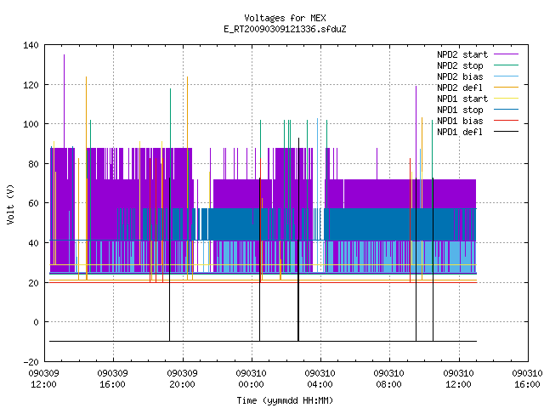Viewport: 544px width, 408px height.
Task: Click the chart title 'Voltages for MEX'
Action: pyautogui.click(x=285, y=18)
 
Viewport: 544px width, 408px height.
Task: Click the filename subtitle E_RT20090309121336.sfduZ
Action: pyautogui.click(x=285, y=29)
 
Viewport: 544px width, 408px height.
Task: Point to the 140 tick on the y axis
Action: pyautogui.click(x=31, y=45)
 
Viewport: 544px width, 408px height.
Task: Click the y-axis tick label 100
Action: pyautogui.click(x=31, y=124)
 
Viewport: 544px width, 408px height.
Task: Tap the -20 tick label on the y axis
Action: pyautogui.click(x=31, y=362)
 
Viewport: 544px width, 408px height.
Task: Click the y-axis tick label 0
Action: pyautogui.click(x=36, y=322)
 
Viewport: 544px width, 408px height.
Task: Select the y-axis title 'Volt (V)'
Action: pyautogui.click(x=10, y=204)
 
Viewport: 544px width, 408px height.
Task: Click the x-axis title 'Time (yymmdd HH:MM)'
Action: pyautogui.click(x=285, y=400)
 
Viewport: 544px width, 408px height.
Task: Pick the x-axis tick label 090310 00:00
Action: pyautogui.click(x=252, y=379)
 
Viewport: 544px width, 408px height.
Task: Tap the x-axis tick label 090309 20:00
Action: pyautogui.click(x=183, y=379)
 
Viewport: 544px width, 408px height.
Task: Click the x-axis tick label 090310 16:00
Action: pyautogui.click(x=527, y=379)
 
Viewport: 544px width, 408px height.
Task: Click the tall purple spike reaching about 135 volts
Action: pyautogui.click(x=65, y=101)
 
